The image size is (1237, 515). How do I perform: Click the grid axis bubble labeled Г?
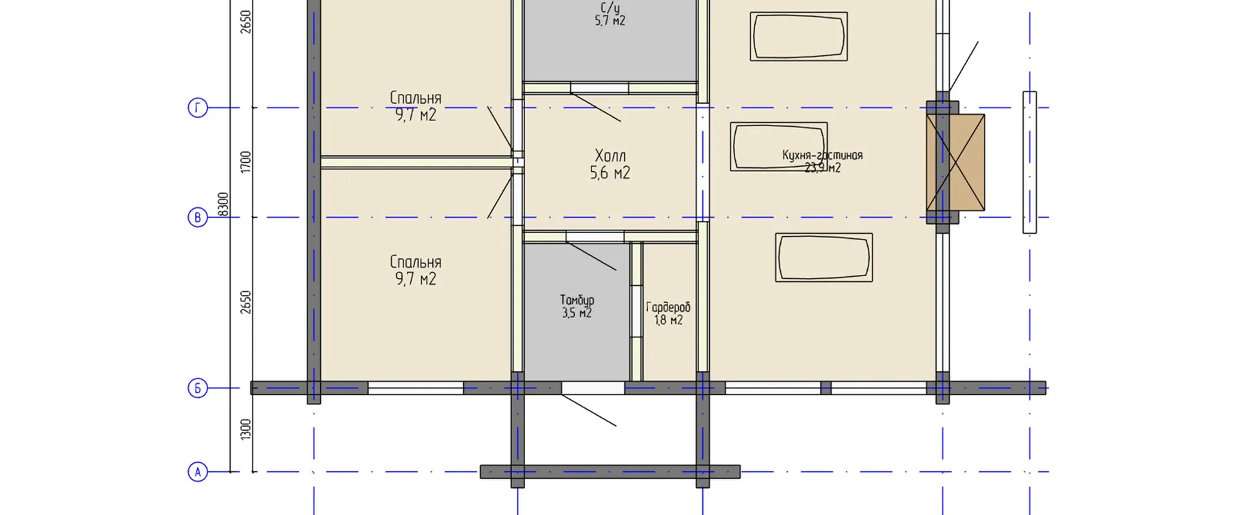pyautogui.click(x=198, y=108)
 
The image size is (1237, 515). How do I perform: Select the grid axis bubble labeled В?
pyautogui.click(x=198, y=218)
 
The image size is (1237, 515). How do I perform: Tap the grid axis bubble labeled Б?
pyautogui.click(x=198, y=388)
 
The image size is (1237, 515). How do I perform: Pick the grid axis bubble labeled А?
pyautogui.click(x=198, y=472)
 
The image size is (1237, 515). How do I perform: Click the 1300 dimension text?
pyautogui.click(x=245, y=429)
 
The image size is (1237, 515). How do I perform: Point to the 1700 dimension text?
pyautogui.click(x=245, y=162)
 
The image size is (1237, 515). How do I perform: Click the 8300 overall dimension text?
pyautogui.click(x=223, y=204)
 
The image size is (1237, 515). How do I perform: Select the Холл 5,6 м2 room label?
pyautogui.click(x=609, y=164)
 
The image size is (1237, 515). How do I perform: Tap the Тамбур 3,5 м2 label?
pyautogui.click(x=577, y=306)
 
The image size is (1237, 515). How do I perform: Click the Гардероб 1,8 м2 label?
pyautogui.click(x=668, y=314)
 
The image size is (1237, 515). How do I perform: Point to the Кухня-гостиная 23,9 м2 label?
pyautogui.click(x=822, y=161)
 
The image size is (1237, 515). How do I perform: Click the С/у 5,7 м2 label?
pyautogui.click(x=609, y=14)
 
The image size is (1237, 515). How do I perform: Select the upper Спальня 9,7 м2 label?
pyautogui.click(x=416, y=106)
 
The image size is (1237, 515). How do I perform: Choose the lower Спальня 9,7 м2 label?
pyautogui.click(x=416, y=270)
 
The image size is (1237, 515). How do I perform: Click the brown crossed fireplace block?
pyautogui.click(x=955, y=162)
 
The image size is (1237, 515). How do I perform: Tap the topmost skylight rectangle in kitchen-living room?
pyautogui.click(x=798, y=37)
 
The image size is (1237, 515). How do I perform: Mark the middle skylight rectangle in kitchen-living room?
pyautogui.click(x=778, y=147)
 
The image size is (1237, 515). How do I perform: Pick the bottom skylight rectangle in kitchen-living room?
pyautogui.click(x=823, y=257)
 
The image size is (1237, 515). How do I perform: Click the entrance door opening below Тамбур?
pyautogui.click(x=593, y=388)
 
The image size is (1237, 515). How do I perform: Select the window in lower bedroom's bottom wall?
pyautogui.click(x=416, y=388)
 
